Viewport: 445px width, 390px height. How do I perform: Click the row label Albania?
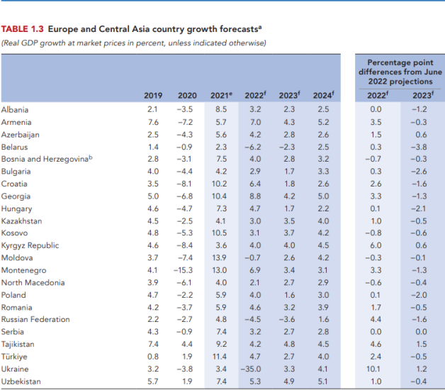[x=15, y=109]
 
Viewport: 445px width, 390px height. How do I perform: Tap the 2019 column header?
[x=152, y=96]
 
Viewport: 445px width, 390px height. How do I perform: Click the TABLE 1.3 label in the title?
[x=23, y=29]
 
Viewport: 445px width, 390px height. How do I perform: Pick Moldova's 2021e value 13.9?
[x=220, y=257]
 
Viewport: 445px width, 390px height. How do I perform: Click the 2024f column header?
[x=322, y=96]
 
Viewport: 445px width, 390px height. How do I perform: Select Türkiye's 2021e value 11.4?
[x=220, y=357]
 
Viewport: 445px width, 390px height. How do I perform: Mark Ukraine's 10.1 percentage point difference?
[x=376, y=369]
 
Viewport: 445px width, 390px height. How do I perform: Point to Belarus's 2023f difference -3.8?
[x=420, y=147]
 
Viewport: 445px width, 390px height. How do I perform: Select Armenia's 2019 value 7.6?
[x=152, y=122]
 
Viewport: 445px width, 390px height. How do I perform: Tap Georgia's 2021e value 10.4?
[x=220, y=196]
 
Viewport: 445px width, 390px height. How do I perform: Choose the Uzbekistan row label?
[x=21, y=381]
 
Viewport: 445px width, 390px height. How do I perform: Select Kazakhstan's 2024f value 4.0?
[x=323, y=221]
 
